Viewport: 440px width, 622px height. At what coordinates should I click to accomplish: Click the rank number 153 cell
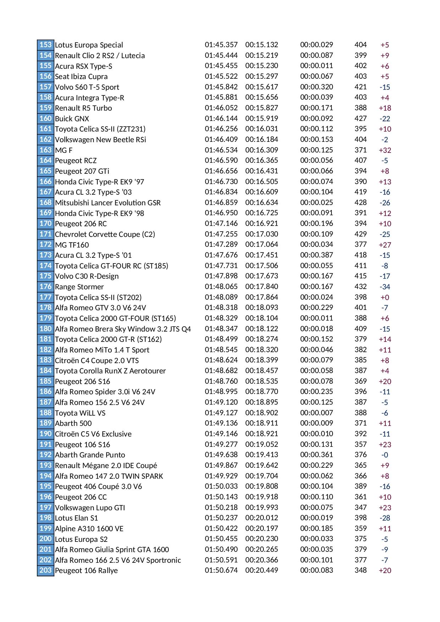45,45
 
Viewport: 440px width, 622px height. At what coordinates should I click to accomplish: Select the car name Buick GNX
72,119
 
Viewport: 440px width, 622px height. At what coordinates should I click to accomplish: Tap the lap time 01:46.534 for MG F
221,150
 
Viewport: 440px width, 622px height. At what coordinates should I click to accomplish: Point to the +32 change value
385,150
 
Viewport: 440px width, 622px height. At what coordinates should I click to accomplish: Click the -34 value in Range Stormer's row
385,287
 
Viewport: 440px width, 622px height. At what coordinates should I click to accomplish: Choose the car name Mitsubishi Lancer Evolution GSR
108,203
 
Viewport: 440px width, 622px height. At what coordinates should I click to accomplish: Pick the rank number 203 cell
45,570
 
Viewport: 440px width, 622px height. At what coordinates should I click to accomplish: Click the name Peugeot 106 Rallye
86,571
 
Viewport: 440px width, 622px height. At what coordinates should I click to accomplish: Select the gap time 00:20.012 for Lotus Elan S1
262,518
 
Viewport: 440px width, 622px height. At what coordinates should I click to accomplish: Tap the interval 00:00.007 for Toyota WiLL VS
316,413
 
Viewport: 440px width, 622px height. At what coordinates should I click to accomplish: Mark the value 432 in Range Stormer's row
361,287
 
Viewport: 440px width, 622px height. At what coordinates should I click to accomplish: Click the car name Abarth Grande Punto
90,455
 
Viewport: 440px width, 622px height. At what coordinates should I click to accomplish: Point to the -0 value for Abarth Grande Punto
385,455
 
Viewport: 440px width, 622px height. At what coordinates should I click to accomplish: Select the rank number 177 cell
45,297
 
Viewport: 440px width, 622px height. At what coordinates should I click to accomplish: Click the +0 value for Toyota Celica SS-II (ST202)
385,298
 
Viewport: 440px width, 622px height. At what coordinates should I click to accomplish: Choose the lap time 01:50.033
221,486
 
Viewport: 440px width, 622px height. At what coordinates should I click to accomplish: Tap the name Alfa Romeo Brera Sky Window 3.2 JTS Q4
123,329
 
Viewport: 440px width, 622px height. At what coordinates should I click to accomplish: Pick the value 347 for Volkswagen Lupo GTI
361,507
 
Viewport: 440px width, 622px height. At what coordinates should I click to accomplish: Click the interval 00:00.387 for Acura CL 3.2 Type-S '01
316,255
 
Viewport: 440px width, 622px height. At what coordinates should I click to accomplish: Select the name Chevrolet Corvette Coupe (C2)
105,234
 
